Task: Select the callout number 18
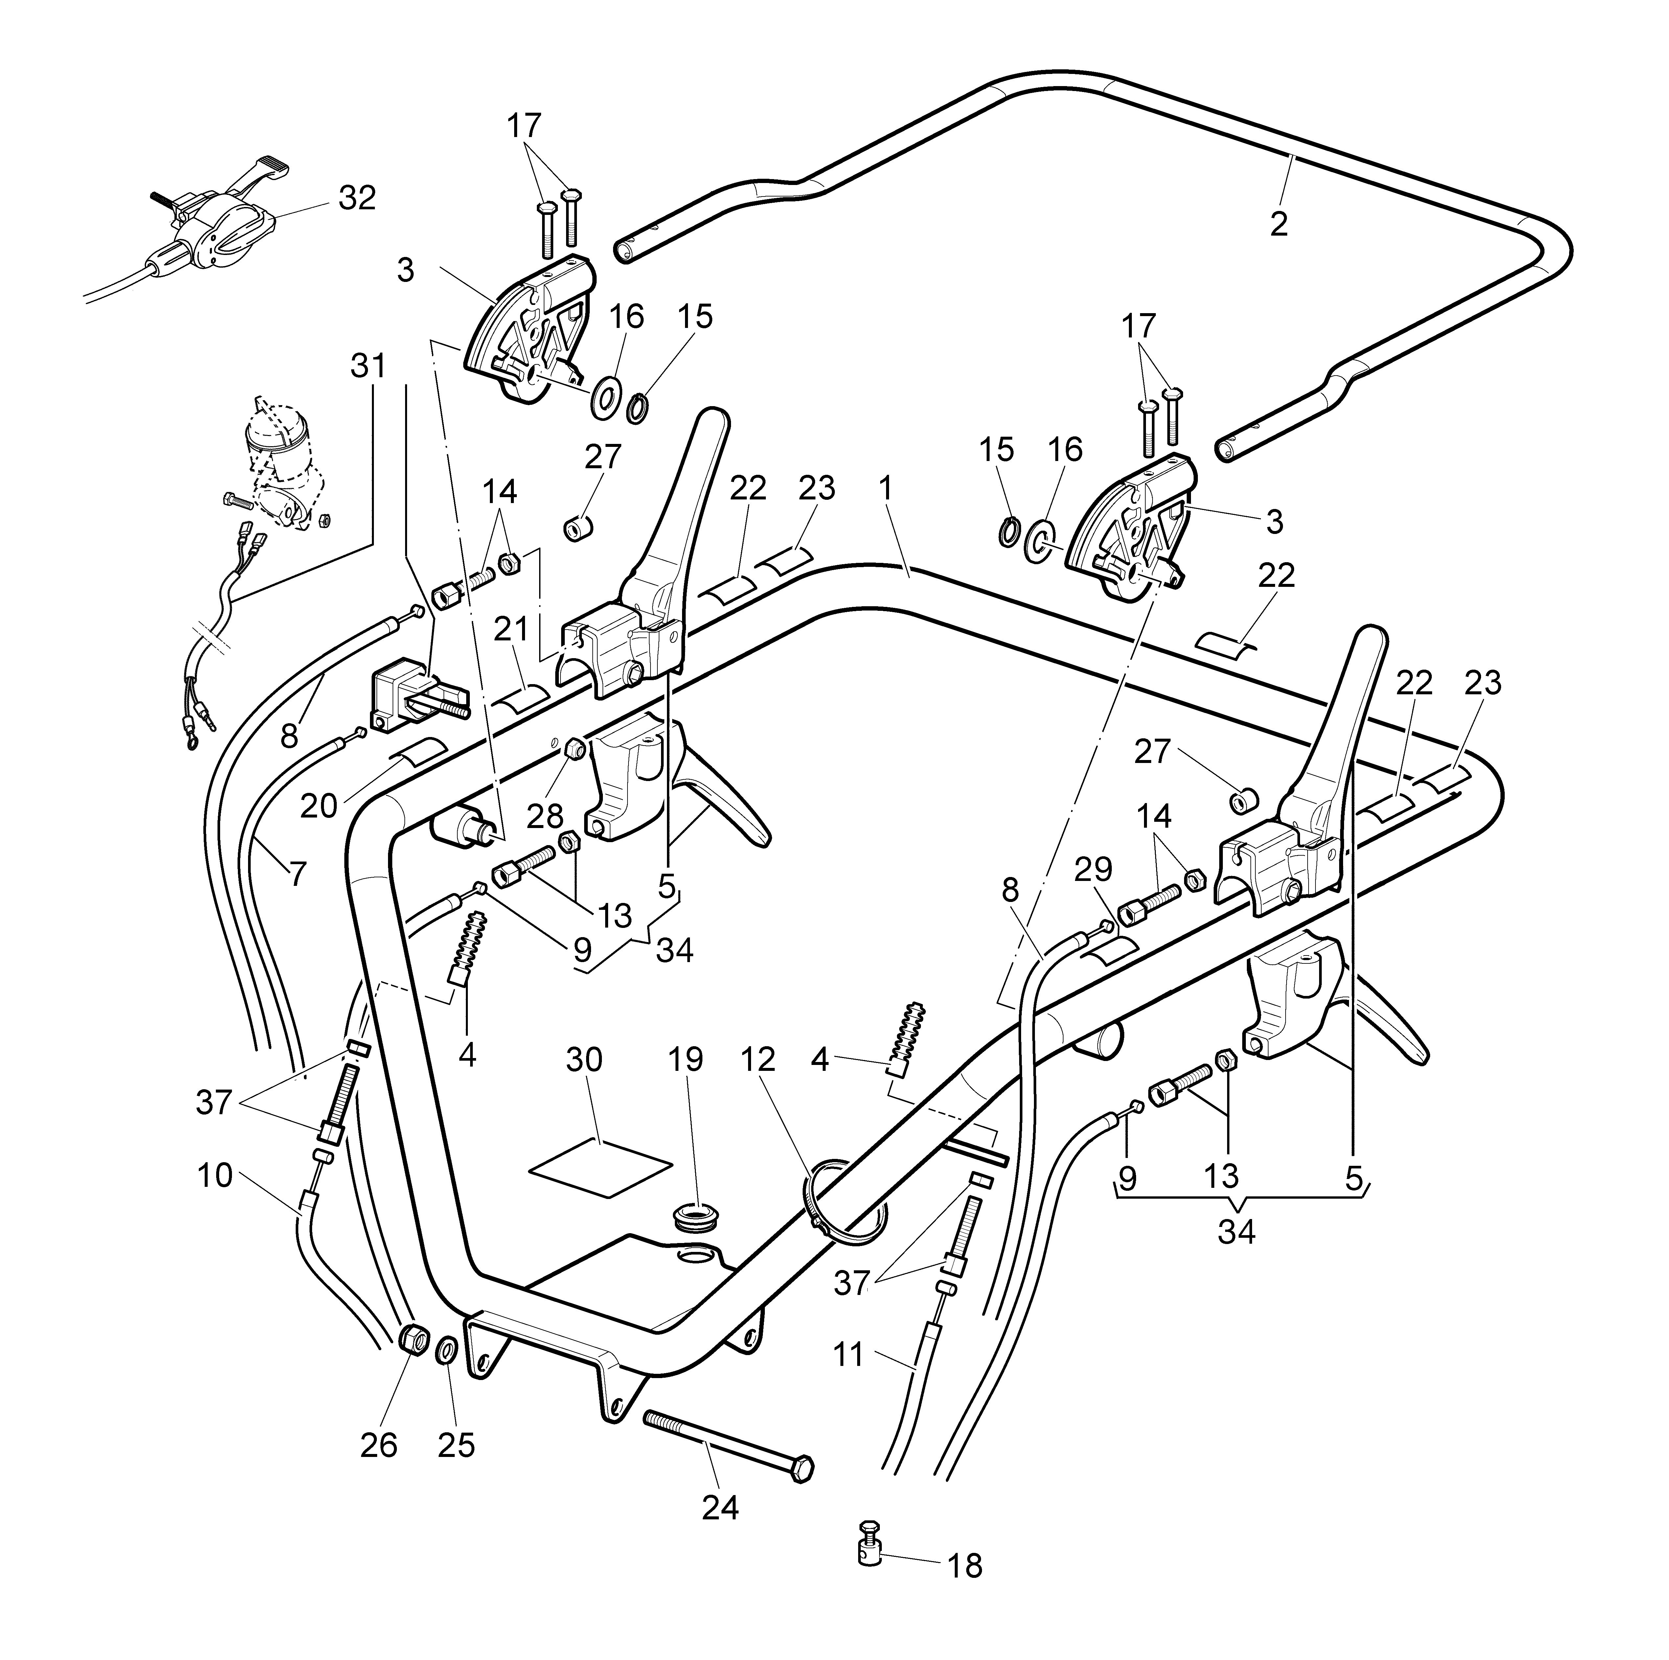[965, 1591]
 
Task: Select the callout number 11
[848, 1354]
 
